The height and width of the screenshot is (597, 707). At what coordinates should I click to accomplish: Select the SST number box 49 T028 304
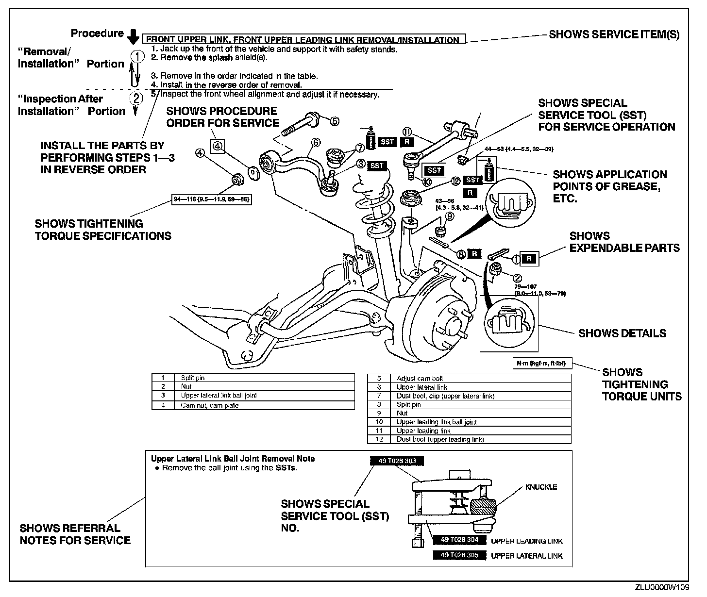tap(459, 540)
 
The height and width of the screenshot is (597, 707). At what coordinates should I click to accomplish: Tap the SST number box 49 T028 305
tap(459, 555)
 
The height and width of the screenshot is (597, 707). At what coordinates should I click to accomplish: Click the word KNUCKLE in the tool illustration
tap(540, 487)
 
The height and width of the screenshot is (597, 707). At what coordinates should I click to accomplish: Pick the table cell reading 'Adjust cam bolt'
tap(420, 378)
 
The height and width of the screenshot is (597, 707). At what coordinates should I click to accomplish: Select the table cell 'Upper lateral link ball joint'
tap(219, 396)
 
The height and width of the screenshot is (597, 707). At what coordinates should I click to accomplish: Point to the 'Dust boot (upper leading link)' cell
tap(440, 439)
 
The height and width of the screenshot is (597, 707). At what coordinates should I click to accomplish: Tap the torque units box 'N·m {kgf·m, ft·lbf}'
tap(541, 363)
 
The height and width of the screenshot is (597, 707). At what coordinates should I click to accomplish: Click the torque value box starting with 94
tap(212, 199)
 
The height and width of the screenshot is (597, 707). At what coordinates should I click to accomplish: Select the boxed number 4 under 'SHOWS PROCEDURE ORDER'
tap(218, 145)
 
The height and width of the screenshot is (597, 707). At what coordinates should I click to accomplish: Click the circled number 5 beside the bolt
tap(335, 121)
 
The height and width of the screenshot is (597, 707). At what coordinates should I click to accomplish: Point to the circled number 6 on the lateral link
tap(316, 142)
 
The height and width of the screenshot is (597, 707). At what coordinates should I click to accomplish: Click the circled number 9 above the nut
tap(450, 216)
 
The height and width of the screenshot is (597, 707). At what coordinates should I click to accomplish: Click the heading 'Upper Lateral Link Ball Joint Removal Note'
tap(233, 459)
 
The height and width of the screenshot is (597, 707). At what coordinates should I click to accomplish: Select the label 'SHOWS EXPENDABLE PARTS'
tap(624, 242)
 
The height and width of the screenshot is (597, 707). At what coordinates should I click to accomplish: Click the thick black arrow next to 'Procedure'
tap(133, 36)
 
